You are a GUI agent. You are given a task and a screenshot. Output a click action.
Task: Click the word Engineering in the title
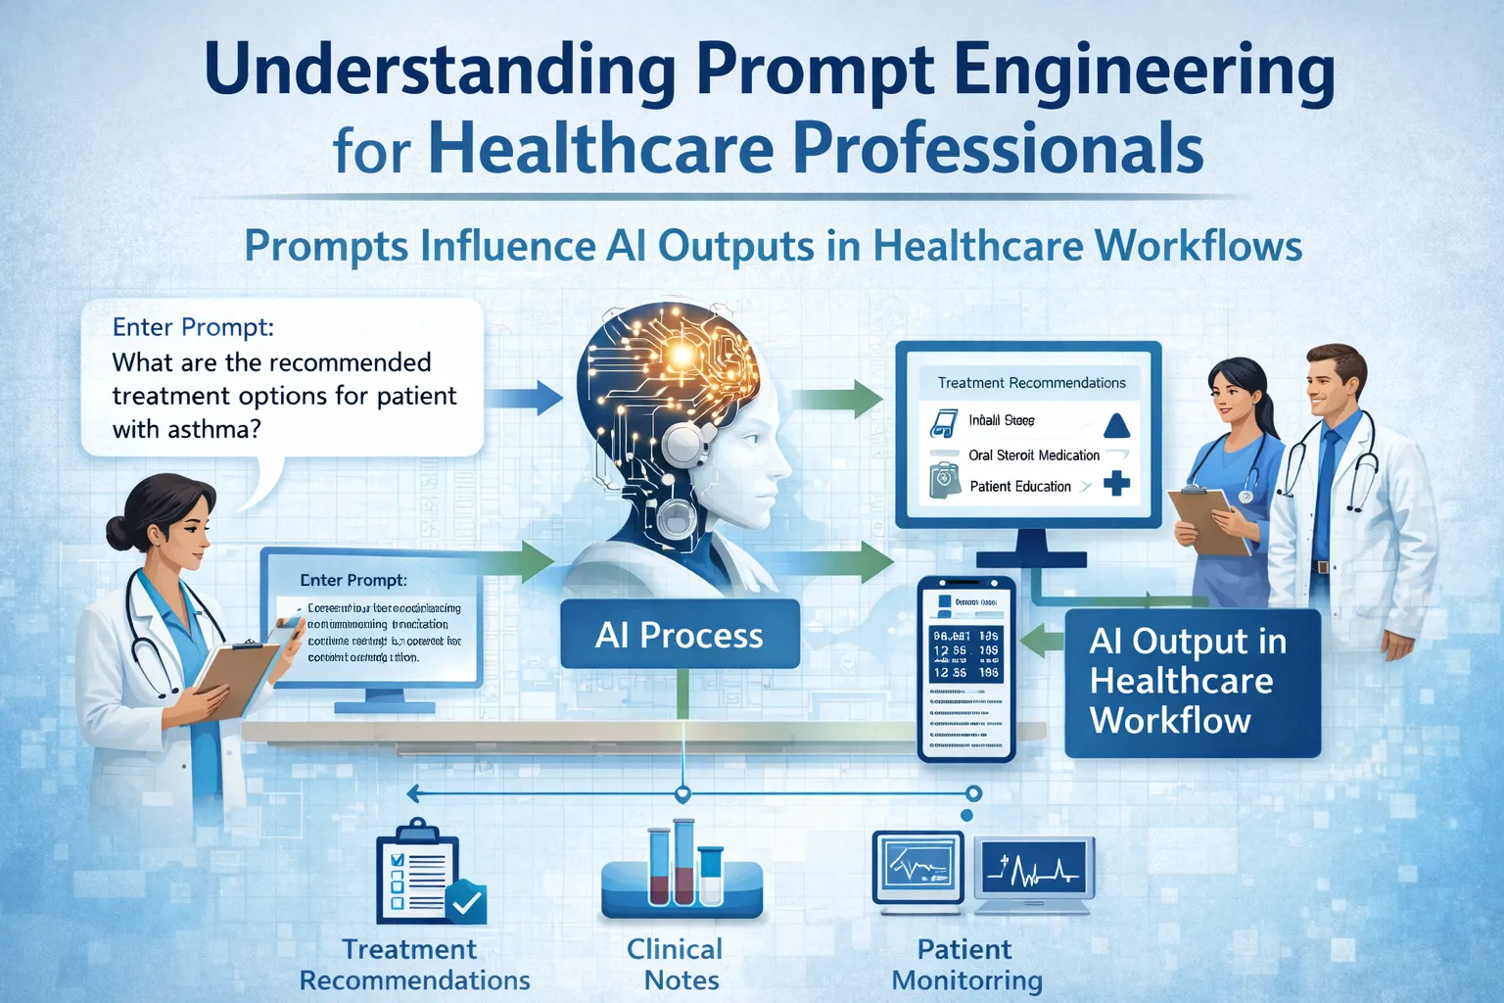tap(1143, 72)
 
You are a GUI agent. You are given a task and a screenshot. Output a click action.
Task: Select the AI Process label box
tap(680, 635)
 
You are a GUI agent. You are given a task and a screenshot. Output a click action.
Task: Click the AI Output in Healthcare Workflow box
tap(1192, 682)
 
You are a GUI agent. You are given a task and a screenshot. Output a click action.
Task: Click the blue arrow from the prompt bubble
tap(523, 397)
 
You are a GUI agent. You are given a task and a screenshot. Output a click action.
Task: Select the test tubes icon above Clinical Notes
tap(682, 868)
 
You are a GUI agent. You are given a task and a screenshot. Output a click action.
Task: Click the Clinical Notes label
tap(676, 964)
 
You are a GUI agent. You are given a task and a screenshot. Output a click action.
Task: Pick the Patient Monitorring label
tap(965, 964)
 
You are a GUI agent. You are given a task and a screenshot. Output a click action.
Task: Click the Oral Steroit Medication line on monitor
tap(1033, 455)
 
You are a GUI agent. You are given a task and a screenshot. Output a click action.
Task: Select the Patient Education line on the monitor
tap(1019, 486)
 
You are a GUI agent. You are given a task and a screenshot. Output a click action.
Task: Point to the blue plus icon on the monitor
tap(1116, 483)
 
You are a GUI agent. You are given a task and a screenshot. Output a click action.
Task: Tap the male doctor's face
tap(1331, 388)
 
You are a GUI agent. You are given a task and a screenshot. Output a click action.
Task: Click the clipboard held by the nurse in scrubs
tap(1210, 519)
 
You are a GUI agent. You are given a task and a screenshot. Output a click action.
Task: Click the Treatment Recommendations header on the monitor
tap(1031, 383)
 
